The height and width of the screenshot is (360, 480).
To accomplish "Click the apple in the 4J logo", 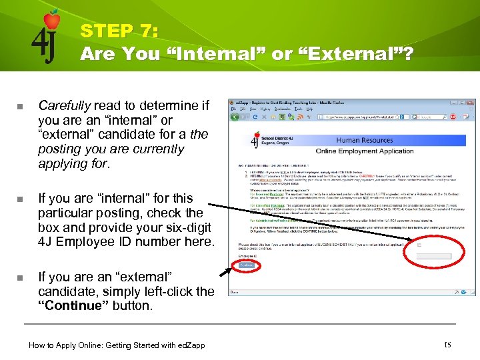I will click(x=52, y=20).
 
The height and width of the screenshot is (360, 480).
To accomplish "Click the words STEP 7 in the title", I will click(x=119, y=31).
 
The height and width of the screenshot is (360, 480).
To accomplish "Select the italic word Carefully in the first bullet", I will click(x=65, y=105).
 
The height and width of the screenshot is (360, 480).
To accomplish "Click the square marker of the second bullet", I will click(x=20, y=199).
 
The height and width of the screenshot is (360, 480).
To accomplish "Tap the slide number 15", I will click(x=446, y=345).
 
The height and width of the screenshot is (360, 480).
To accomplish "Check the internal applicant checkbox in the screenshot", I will click(x=419, y=245).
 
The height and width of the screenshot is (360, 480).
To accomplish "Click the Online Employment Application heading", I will click(x=365, y=151).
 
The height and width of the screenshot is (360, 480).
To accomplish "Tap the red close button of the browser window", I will click(x=469, y=103).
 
